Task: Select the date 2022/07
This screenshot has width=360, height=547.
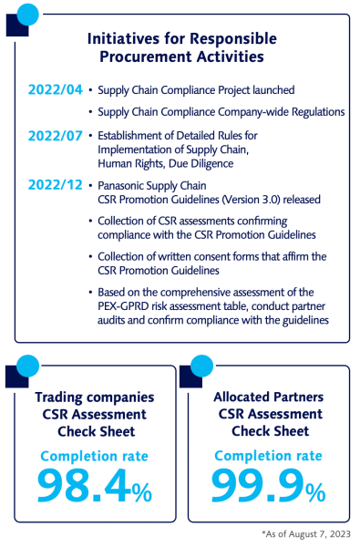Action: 56,139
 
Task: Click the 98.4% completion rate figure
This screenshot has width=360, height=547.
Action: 95,486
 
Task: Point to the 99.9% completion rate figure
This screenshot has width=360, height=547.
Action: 268,486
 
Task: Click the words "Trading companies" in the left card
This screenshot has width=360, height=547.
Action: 95,397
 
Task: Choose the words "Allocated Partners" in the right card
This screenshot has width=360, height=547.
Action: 268,397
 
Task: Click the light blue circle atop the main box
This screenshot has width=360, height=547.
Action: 27,14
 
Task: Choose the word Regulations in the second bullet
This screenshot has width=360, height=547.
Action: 308,112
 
